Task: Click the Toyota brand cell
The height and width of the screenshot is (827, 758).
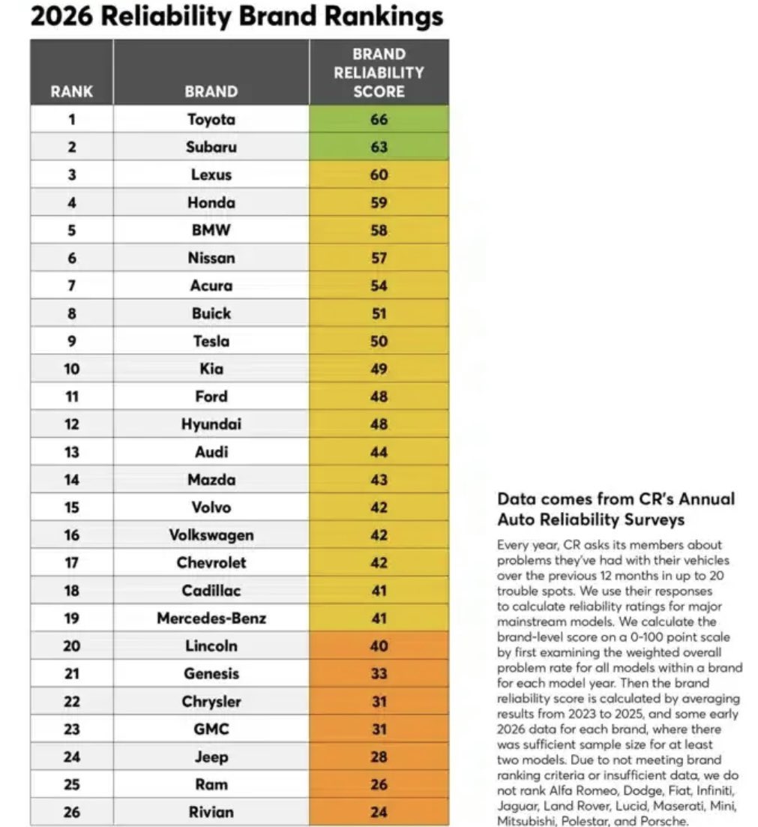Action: (x=211, y=119)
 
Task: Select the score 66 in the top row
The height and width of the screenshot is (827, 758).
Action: (x=379, y=119)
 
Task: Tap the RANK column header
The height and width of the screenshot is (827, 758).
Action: (x=72, y=91)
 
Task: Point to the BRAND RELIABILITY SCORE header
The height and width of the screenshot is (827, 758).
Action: (x=379, y=73)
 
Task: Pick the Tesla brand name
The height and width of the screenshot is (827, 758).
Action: (x=211, y=341)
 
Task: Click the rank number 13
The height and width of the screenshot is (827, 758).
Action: (x=72, y=452)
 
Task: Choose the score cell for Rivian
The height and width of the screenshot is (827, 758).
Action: (x=379, y=812)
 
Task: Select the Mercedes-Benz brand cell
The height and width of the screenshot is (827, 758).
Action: (x=211, y=619)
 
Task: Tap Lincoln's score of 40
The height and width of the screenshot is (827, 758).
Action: (x=379, y=646)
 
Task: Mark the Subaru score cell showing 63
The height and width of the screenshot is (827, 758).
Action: (x=379, y=147)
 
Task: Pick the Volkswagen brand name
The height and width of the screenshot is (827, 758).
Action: (x=211, y=535)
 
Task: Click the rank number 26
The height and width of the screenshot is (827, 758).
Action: (x=72, y=812)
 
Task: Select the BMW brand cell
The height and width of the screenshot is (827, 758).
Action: (x=211, y=230)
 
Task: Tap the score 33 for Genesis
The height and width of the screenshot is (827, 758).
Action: (x=379, y=673)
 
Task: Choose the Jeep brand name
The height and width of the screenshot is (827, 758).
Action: (x=211, y=757)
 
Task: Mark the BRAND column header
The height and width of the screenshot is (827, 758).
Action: (x=211, y=91)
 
